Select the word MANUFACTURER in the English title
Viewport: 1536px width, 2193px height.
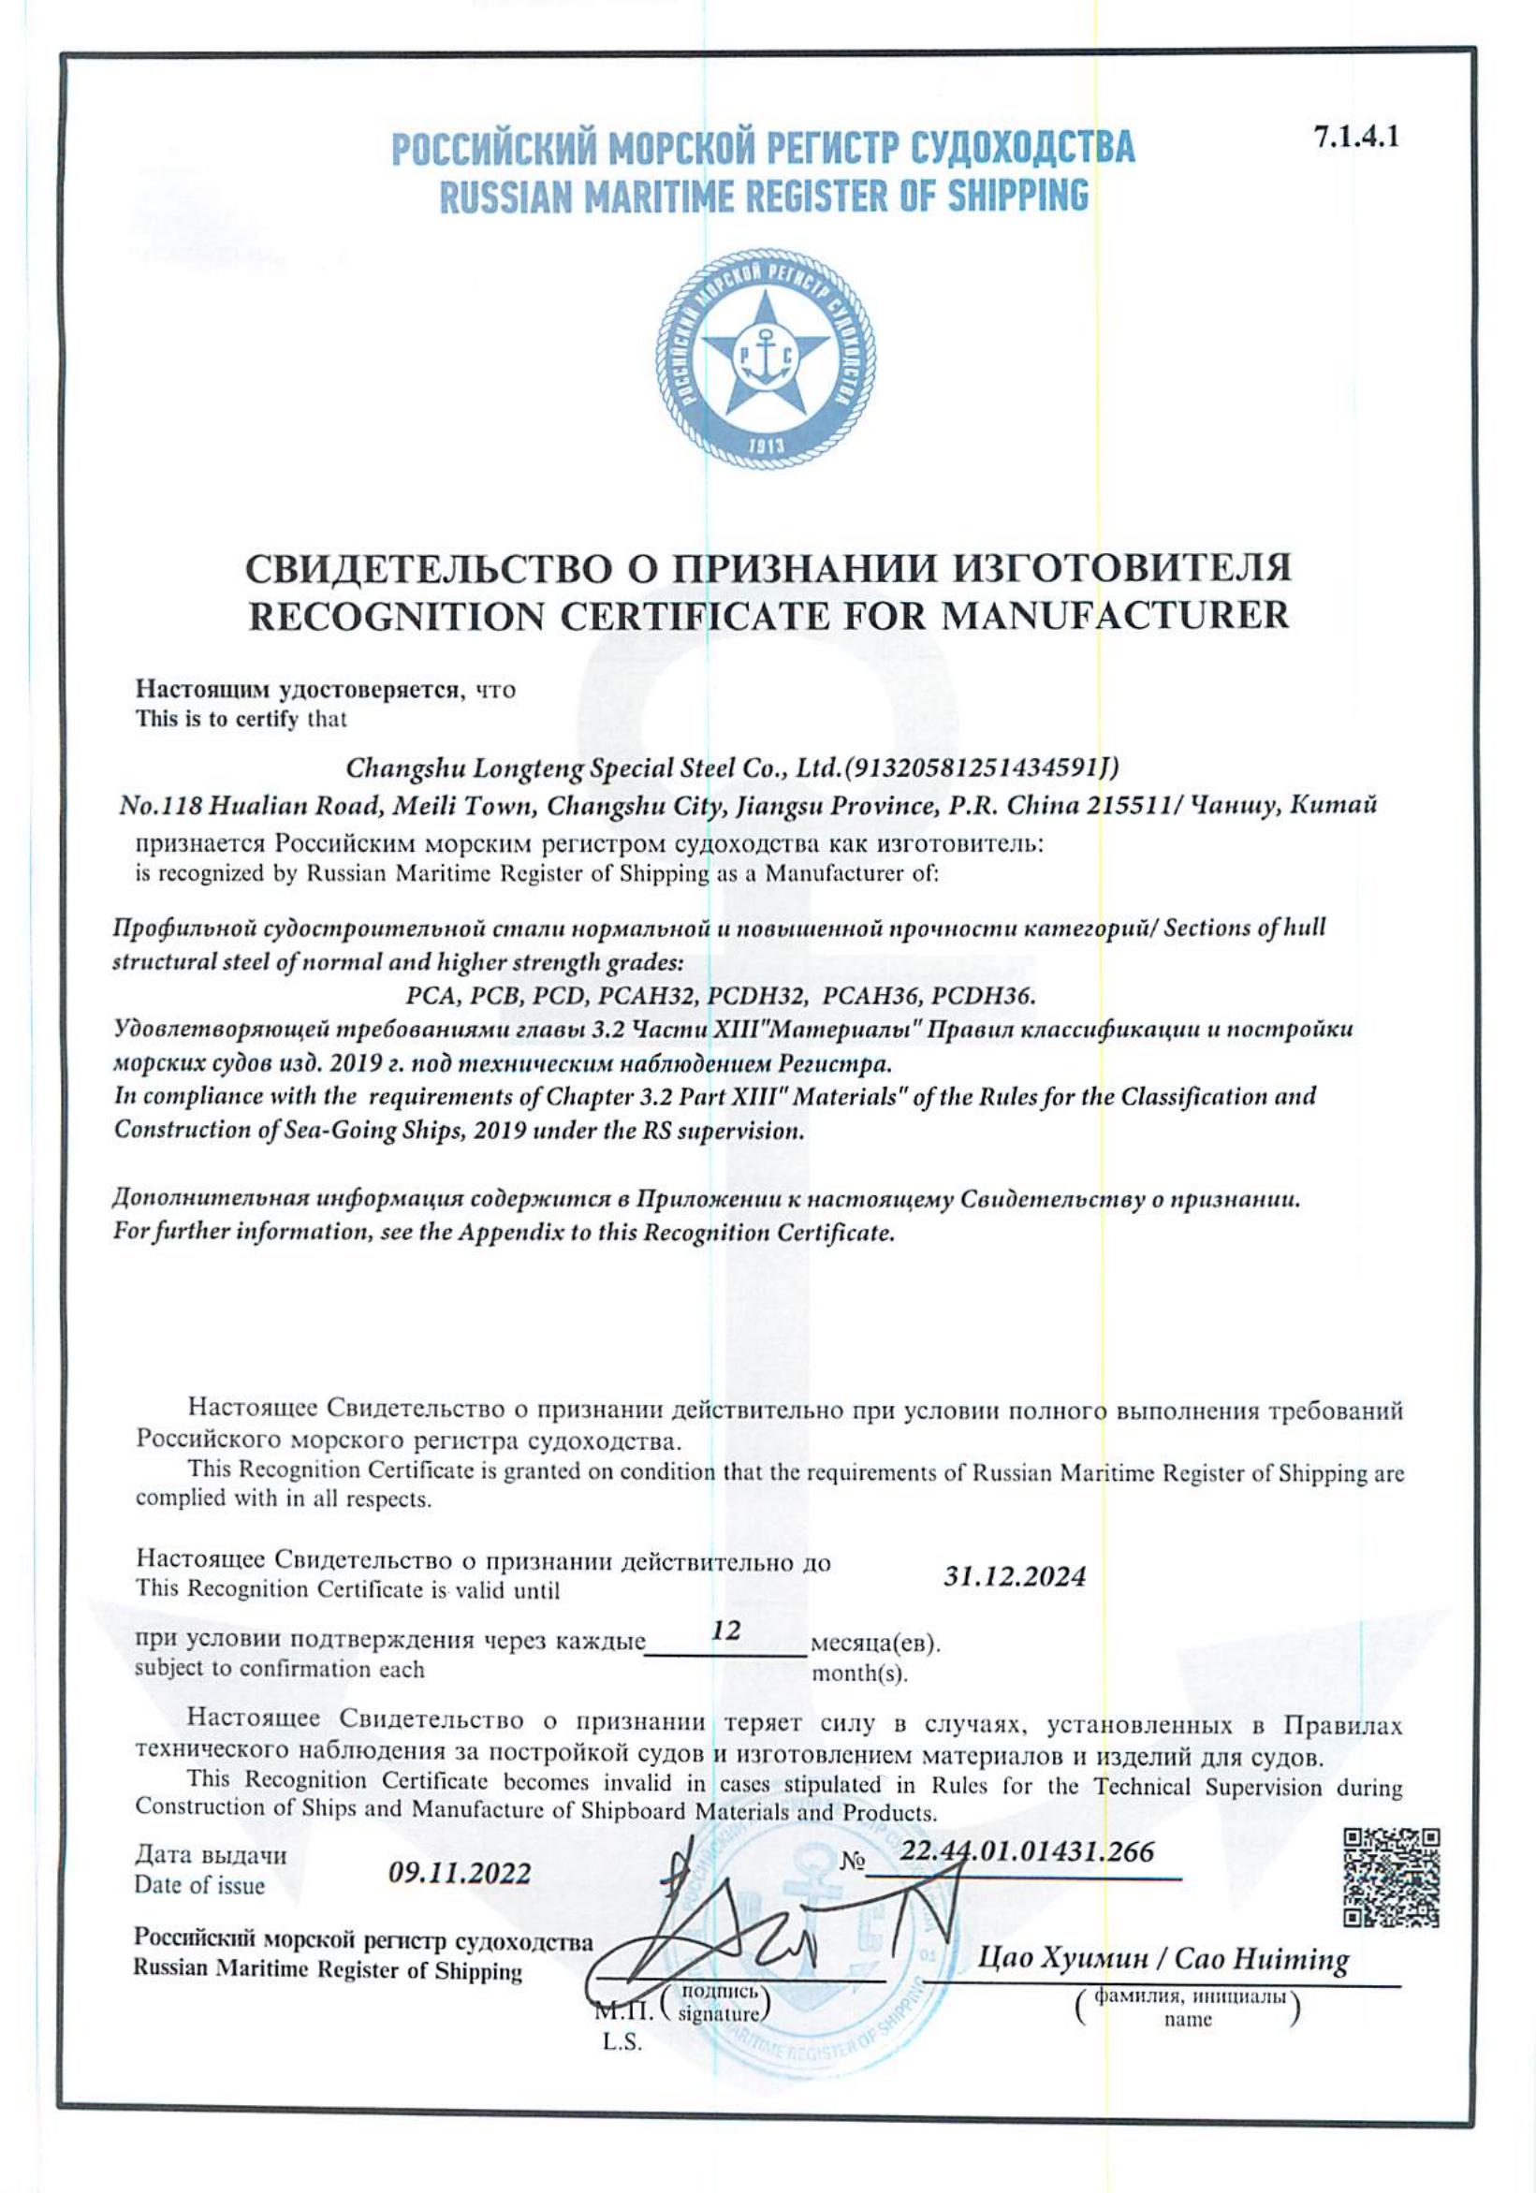[1115, 616]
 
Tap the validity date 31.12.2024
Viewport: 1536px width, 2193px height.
[1015, 1575]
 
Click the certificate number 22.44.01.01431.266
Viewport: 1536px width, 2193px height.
[1028, 1851]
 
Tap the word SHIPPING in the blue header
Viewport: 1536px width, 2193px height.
[1017, 196]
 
